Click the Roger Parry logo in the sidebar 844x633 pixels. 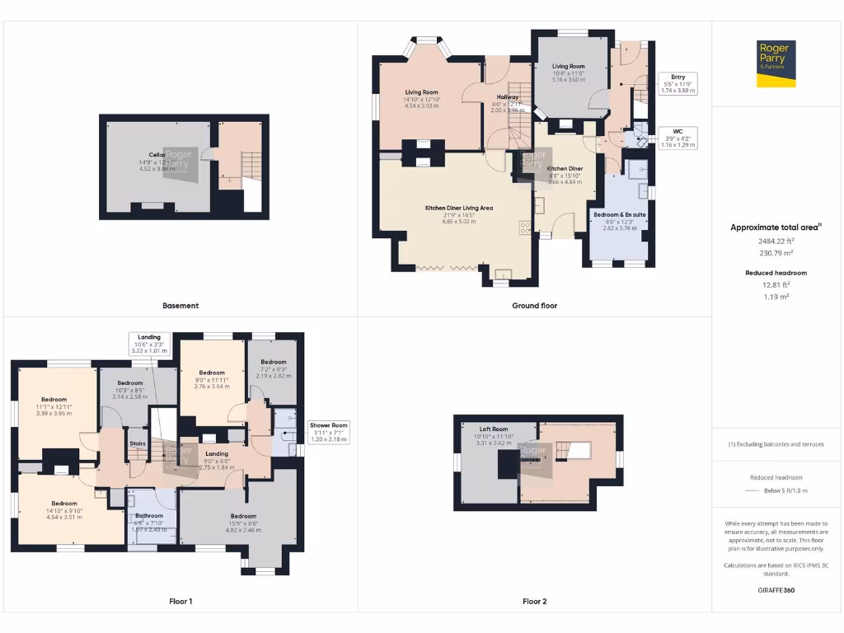(776, 63)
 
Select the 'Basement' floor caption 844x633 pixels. (181, 306)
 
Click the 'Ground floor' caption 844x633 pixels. (534, 306)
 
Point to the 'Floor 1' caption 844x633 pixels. (181, 602)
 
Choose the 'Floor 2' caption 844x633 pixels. (534, 602)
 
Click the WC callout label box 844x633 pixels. (678, 138)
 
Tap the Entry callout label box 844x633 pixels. (678, 83)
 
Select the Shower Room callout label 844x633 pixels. (329, 432)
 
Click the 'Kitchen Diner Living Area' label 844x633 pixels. (459, 208)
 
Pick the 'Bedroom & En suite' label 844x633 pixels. (620, 214)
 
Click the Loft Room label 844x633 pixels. (495, 429)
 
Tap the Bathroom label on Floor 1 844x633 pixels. (150, 516)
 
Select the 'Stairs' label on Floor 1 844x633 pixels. (138, 443)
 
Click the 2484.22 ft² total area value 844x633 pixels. (776, 241)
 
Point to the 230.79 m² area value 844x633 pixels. (776, 253)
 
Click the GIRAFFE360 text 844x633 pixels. (776, 590)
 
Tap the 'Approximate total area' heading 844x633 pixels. (775, 227)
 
